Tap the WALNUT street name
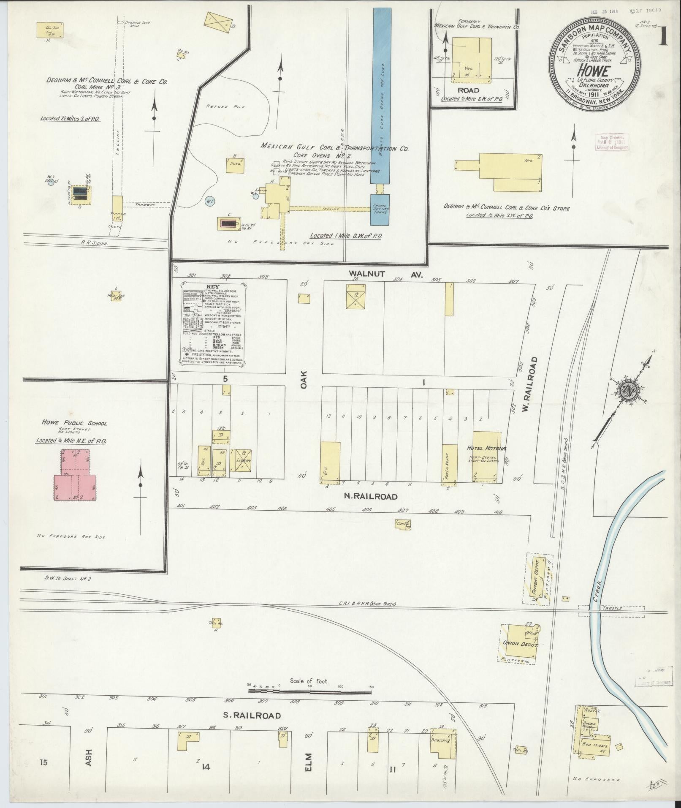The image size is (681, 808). pos(367,274)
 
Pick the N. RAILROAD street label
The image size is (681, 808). pos(371,496)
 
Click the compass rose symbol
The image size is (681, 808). pos(629,388)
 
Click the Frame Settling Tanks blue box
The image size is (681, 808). pos(380,209)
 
